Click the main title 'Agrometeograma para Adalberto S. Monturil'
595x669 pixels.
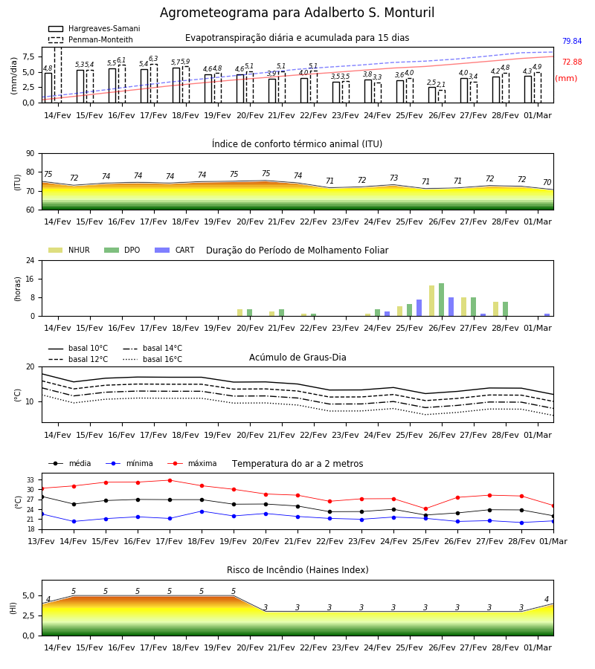click(297, 13)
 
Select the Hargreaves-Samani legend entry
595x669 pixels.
click(94, 28)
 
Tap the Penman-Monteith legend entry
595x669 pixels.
click(91, 39)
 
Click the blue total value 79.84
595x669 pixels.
click(572, 41)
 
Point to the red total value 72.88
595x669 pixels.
click(572, 62)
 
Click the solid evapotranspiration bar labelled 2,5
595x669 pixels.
click(432, 94)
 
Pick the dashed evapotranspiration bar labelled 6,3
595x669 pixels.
click(154, 83)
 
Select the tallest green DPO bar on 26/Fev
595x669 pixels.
click(441, 300)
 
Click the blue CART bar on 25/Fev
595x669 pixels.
click(419, 308)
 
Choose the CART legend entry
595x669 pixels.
click(175, 250)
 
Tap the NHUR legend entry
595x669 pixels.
click(69, 250)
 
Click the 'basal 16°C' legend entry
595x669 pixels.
click(152, 359)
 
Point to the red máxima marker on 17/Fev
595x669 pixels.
click(170, 480)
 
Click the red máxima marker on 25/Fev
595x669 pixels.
click(425, 508)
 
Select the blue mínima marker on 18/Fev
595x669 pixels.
click(202, 511)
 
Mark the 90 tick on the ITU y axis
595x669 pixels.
click(30, 154)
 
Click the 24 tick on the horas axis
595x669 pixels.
click(30, 260)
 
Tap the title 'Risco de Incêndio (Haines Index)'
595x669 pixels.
click(297, 570)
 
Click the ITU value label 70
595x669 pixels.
click(547, 182)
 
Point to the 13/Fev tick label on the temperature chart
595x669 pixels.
click(42, 541)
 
